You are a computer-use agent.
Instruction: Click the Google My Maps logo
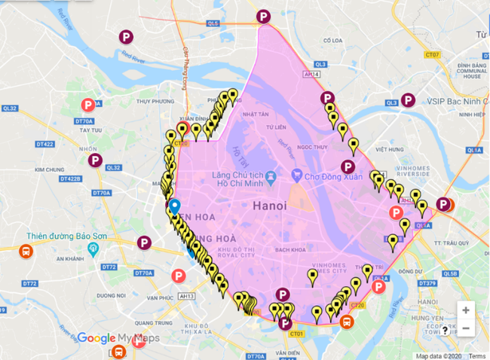pos(118,339)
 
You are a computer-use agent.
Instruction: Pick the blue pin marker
pos(174,206)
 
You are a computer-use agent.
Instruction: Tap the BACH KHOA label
pos(289,249)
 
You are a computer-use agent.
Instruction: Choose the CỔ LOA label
pos(332,41)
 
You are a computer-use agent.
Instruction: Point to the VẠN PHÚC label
pos(161,297)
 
